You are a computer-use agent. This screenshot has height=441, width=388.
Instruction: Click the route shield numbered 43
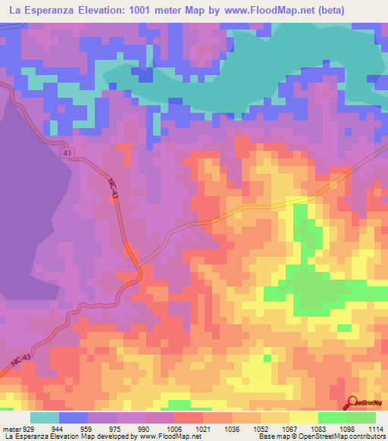point(68,154)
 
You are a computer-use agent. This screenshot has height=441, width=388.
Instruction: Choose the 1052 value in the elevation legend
point(261,429)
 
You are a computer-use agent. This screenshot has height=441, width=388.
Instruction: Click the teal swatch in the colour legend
point(45,418)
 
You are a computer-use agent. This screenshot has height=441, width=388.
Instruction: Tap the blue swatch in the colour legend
point(74,418)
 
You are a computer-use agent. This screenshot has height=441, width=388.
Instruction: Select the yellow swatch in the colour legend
point(303,418)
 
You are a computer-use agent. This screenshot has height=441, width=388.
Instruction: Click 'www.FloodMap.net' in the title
point(238,11)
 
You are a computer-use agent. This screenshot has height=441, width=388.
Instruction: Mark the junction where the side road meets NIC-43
point(139,266)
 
